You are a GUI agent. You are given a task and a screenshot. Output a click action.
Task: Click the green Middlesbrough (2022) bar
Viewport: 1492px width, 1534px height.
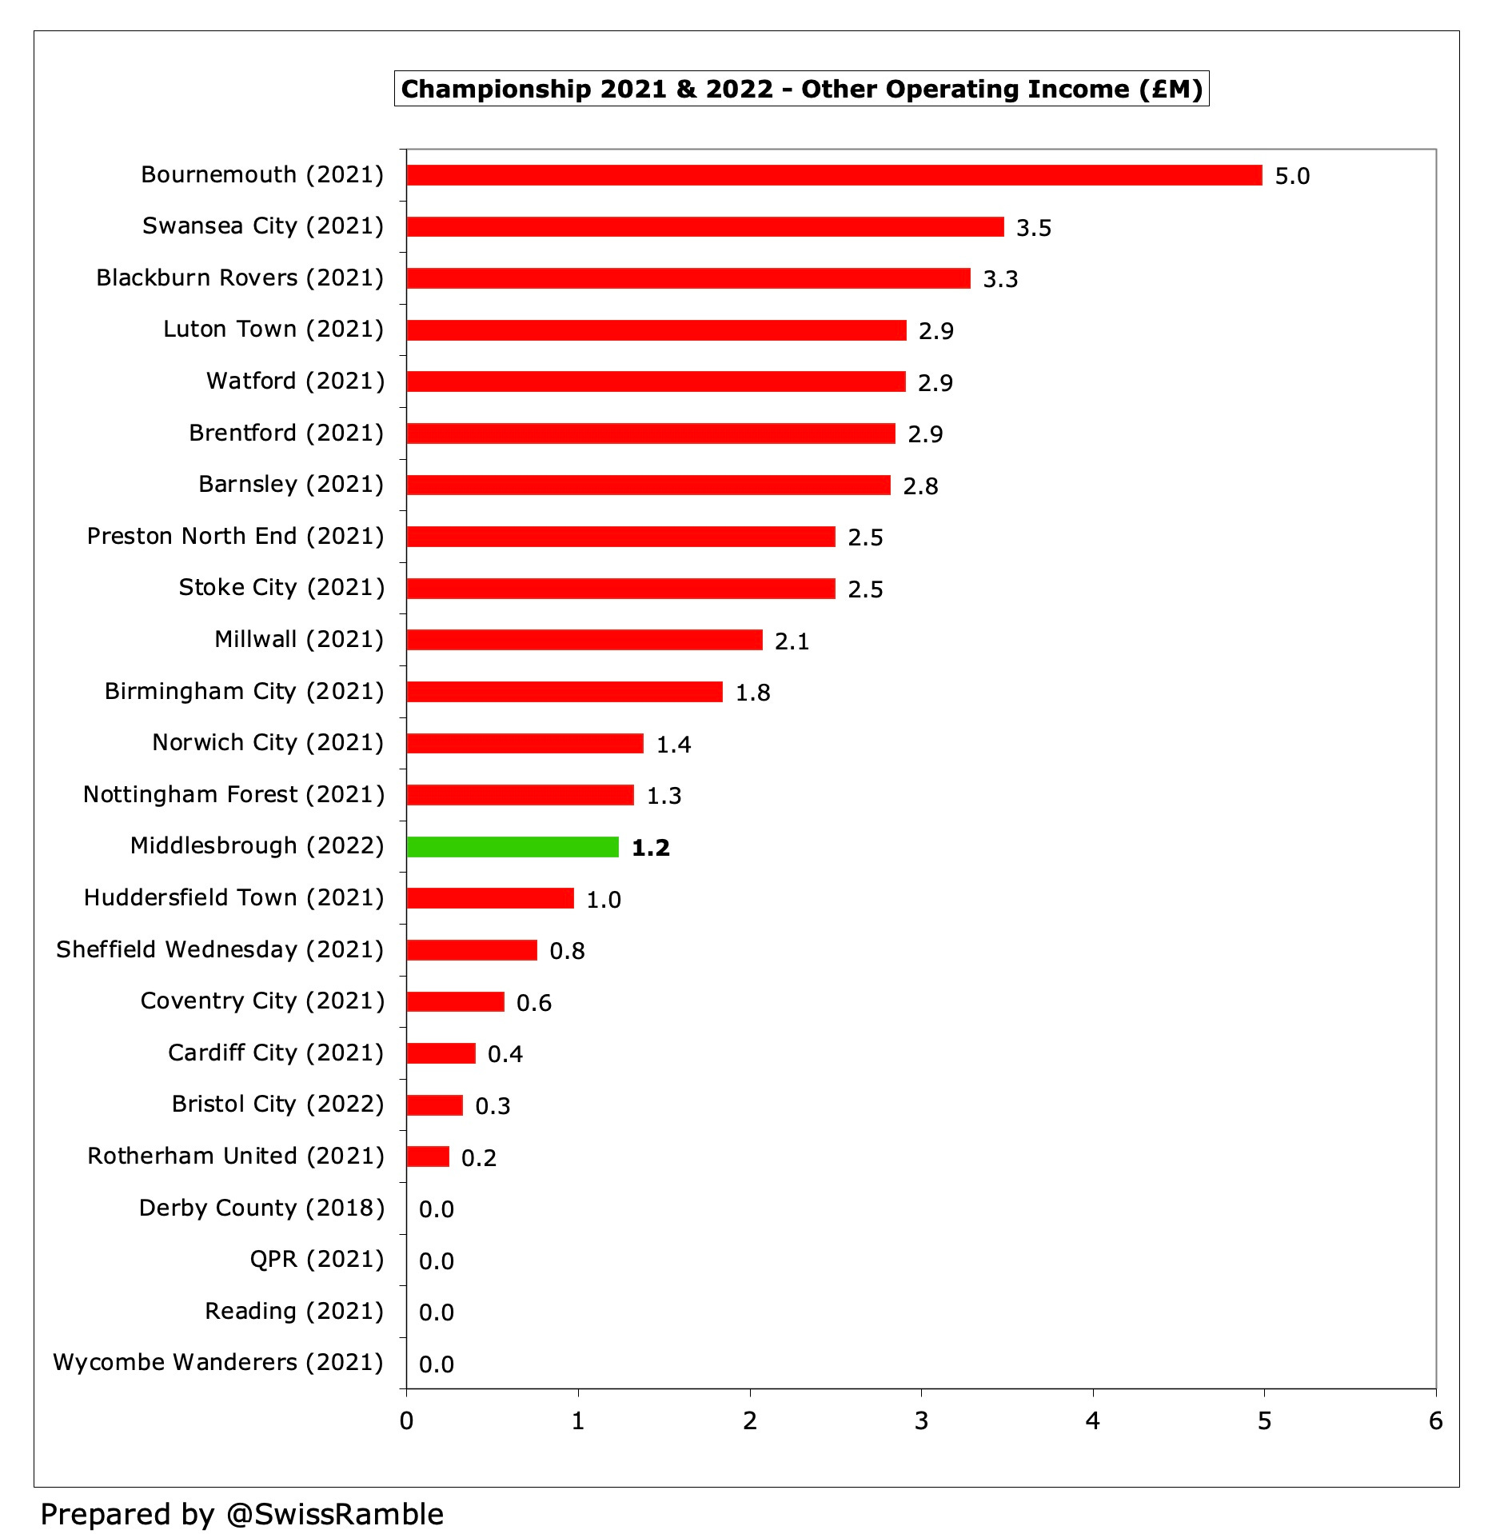pyautogui.click(x=513, y=847)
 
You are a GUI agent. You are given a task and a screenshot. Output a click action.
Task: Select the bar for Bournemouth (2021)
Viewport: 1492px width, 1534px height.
pyautogui.click(x=834, y=175)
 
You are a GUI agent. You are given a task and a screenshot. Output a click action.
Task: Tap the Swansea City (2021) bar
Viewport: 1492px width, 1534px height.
pyautogui.click(x=704, y=226)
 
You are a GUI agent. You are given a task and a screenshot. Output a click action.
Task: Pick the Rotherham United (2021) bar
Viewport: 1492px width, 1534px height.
pyautogui.click(x=428, y=1156)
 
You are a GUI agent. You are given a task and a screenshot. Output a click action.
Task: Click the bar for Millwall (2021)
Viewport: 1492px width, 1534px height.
pyautogui.click(x=584, y=640)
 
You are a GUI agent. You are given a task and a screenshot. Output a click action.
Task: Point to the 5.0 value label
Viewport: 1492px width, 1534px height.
pyautogui.click(x=1292, y=176)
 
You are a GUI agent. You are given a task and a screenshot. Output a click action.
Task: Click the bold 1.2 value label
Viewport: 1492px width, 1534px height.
pyautogui.click(x=650, y=848)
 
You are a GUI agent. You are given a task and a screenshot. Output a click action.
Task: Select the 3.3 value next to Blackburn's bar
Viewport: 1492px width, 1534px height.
pyautogui.click(x=999, y=279)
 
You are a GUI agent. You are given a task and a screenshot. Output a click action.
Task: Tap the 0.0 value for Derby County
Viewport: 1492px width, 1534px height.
pyautogui.click(x=436, y=1209)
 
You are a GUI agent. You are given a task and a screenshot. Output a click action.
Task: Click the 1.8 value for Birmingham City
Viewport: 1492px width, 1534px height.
pyautogui.click(x=752, y=693)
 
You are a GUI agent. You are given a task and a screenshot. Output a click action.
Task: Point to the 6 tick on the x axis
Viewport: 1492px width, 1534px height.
pyautogui.click(x=1435, y=1421)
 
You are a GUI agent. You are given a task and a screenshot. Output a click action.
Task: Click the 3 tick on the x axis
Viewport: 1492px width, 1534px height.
pyautogui.click(x=921, y=1421)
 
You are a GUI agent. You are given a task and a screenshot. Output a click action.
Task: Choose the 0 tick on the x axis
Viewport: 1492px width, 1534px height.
pyautogui.click(x=406, y=1421)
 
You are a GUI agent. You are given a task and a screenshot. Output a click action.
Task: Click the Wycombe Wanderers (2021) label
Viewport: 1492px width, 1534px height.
pyautogui.click(x=218, y=1362)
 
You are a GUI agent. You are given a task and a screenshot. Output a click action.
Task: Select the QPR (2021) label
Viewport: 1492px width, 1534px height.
pyautogui.click(x=317, y=1259)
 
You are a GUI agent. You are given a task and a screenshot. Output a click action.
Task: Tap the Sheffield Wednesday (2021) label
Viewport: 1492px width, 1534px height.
pyautogui.click(x=220, y=949)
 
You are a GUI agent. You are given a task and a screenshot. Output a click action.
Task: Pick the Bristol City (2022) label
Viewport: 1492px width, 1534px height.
pyautogui.click(x=277, y=1104)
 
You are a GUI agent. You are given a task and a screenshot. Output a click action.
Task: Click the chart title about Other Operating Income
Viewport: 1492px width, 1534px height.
pyautogui.click(x=801, y=89)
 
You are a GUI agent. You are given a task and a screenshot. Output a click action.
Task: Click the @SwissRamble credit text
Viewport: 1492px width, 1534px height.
pyautogui.click(x=242, y=1514)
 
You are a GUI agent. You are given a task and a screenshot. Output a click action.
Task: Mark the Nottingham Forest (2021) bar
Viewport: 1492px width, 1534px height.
pyautogui.click(x=520, y=795)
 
